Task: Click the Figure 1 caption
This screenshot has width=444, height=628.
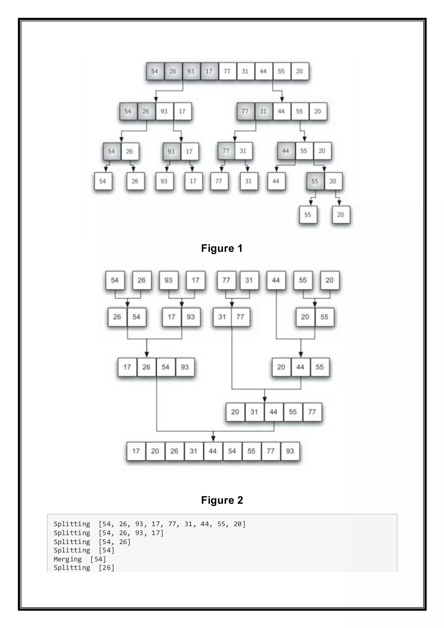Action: tap(222, 248)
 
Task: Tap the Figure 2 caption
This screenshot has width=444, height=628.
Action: tap(222, 500)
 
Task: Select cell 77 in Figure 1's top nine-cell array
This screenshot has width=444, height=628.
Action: tap(227, 71)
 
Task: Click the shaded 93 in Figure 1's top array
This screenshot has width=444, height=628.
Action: tap(191, 71)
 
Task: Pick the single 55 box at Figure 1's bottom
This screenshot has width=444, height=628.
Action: tap(308, 215)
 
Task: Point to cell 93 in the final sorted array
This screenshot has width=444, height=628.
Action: tap(290, 451)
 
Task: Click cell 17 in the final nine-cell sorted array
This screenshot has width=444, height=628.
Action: tap(136, 451)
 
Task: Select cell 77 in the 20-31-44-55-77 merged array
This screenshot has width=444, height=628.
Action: tap(312, 412)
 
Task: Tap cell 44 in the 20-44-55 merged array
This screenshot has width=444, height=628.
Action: tap(300, 367)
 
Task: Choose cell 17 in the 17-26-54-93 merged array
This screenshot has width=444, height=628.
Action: tap(127, 367)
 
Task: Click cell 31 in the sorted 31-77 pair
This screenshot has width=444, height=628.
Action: tap(222, 317)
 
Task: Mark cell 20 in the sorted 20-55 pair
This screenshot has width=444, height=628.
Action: tap(305, 317)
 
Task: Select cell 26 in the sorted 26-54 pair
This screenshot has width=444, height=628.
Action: tap(117, 317)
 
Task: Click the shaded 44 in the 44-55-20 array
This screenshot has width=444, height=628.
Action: tap(286, 151)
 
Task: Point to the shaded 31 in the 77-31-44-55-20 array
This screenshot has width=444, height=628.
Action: tap(263, 111)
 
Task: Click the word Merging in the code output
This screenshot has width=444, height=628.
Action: tap(67, 559)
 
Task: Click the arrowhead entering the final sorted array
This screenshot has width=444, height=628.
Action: tap(213, 438)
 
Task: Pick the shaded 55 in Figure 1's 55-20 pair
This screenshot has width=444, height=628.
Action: tap(315, 181)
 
